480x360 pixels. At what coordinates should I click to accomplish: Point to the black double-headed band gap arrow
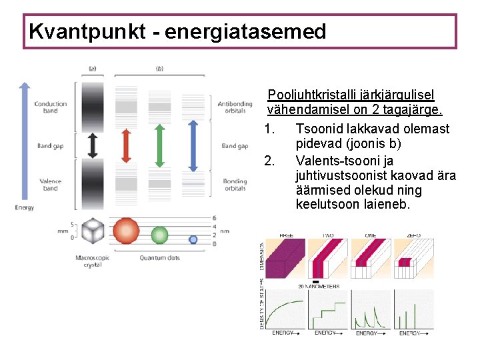[93, 145]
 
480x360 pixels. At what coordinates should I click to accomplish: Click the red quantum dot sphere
[126, 231]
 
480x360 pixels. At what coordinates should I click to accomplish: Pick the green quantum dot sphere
[159, 235]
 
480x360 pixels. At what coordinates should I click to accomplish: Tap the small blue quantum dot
[193, 239]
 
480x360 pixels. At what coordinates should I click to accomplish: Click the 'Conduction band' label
[51, 107]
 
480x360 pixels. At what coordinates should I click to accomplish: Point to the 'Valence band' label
[51, 185]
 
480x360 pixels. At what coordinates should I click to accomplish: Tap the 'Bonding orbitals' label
[235, 185]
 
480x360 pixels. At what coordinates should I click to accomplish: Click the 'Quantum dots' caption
[160, 257]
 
